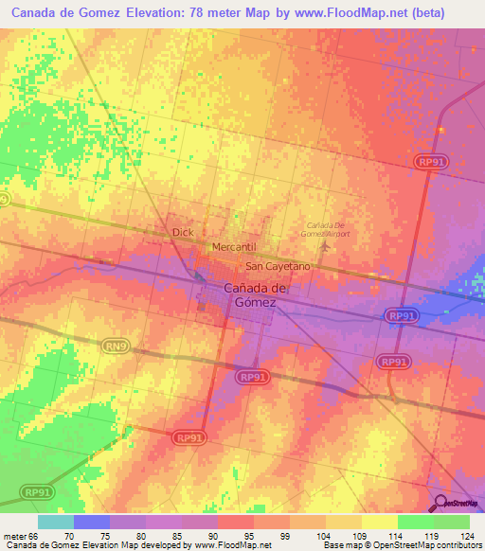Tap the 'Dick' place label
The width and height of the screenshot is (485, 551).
pos(183,231)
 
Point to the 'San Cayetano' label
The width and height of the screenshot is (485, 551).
pos(278,268)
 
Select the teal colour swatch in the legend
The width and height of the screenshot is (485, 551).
pos(56,522)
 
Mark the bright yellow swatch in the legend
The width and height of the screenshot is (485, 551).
pos(380,522)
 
